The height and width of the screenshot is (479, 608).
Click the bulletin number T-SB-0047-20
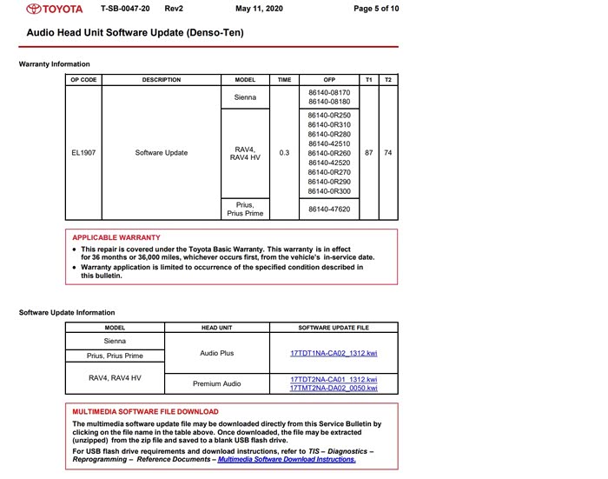[x=125, y=9]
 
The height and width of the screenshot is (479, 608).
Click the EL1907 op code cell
[x=83, y=152]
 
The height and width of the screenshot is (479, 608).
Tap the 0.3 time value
[x=284, y=152]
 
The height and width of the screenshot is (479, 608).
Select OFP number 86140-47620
[x=329, y=209]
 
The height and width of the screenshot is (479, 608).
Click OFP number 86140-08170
[x=329, y=91]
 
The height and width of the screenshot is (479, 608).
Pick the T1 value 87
[x=369, y=152]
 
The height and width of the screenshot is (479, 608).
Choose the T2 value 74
[x=388, y=152]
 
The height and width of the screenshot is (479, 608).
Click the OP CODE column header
[x=83, y=80]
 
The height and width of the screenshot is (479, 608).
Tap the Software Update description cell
[x=162, y=152]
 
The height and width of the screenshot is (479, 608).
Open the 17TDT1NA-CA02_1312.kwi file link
[x=334, y=354]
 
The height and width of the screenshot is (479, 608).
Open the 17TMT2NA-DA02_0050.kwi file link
[x=334, y=388]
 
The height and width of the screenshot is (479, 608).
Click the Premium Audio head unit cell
[x=216, y=383]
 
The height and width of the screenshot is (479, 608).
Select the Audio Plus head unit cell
[x=216, y=354]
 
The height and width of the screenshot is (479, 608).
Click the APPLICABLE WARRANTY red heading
[x=116, y=237]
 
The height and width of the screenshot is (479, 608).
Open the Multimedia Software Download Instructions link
[x=287, y=459]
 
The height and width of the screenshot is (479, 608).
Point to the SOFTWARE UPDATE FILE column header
[x=334, y=328]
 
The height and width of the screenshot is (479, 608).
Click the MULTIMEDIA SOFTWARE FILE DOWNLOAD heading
[x=145, y=411]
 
